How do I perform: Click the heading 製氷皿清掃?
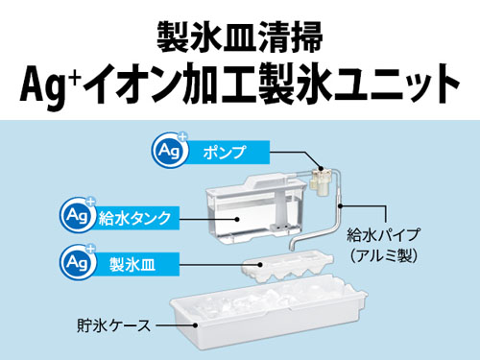240,37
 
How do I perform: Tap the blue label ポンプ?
225,153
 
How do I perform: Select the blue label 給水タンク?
134,218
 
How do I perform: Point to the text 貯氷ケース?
113,325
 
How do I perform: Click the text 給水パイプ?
383,235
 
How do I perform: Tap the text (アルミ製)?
383,256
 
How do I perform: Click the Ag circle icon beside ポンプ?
170,150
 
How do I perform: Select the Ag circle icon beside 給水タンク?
78,215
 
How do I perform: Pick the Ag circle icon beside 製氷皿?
78,262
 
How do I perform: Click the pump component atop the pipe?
322,180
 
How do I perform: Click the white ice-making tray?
287,266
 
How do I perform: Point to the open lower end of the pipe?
292,248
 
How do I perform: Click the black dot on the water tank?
236,219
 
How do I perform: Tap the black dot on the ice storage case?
195,325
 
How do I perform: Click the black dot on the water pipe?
341,206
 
